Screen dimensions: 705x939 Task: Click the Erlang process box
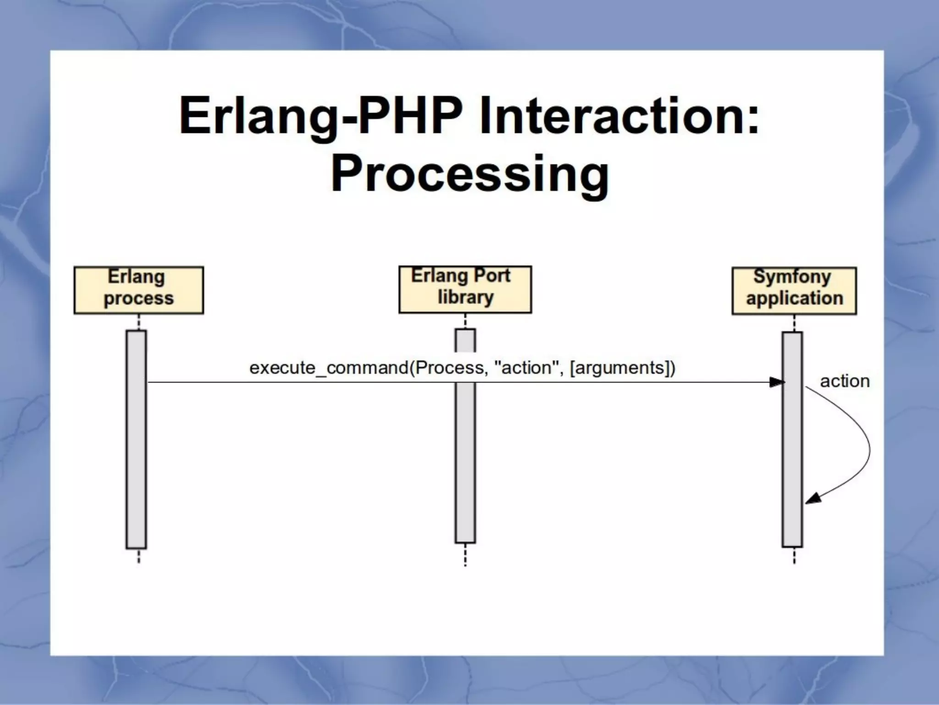point(138,290)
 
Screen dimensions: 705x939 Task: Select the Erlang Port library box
point(465,289)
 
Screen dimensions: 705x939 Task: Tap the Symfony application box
point(794,291)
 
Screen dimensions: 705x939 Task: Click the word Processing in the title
point(469,174)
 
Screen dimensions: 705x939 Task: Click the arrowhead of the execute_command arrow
point(777,382)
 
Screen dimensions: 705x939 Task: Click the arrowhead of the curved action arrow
point(812,499)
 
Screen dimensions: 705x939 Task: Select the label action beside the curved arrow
point(845,381)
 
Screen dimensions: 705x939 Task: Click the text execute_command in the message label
point(328,368)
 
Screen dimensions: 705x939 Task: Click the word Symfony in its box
point(792,277)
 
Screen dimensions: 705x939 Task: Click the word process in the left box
point(138,299)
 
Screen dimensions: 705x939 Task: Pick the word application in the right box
point(794,298)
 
